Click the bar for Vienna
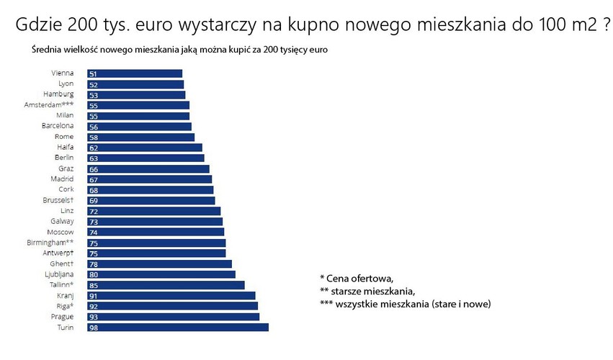[x=135, y=73]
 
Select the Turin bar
[x=177, y=328]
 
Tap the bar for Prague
[x=173, y=317]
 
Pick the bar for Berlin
[x=146, y=158]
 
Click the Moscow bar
[x=156, y=232]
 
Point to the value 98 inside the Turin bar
[x=93, y=328]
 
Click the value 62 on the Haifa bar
[x=93, y=148]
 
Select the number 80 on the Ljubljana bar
[x=93, y=274]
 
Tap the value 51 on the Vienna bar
[x=93, y=73]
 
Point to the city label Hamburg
[x=58, y=94]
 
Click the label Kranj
[x=65, y=295]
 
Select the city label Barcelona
[x=57, y=126]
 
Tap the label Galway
[x=61, y=221]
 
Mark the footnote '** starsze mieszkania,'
[x=367, y=291]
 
